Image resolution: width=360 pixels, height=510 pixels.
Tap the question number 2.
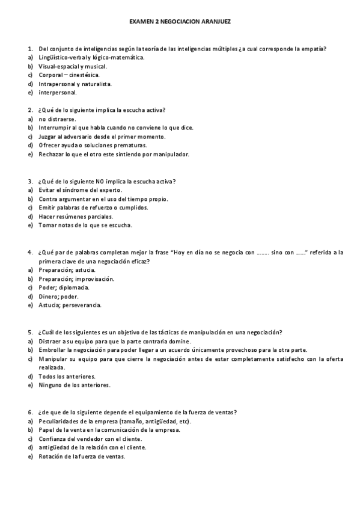(30, 110)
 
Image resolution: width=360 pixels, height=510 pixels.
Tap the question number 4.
(30, 252)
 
